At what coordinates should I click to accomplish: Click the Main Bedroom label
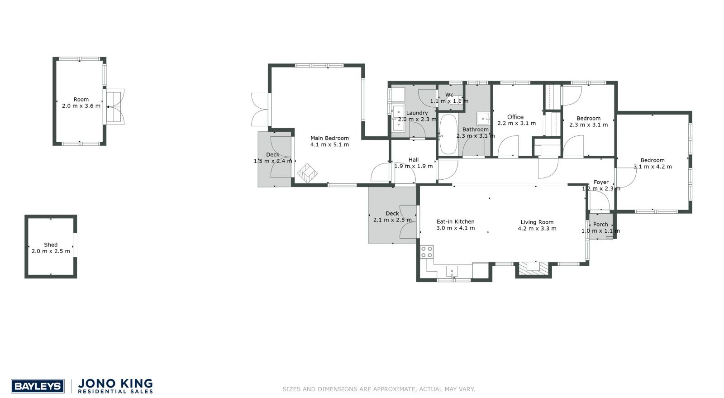pos(329,138)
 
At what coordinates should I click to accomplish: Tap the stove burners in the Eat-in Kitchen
pos(427,252)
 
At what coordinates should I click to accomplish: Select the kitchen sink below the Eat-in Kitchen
pos(452,272)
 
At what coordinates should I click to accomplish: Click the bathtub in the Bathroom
pos(449,134)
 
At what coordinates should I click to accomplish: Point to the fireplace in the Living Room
pos(533,269)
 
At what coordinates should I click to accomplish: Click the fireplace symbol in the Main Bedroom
pos(308,173)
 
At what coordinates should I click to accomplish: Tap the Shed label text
pos(51,245)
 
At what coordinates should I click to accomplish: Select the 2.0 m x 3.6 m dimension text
pos(81,106)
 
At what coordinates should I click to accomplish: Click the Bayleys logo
pos(38,386)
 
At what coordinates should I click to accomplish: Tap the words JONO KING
pos(116,384)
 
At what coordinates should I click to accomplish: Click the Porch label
pos(600,225)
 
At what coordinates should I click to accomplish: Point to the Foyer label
pos(601,182)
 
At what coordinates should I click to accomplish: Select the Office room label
pos(515,117)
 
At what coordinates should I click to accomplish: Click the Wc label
pos(449,95)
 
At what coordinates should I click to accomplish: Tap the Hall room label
pos(413,160)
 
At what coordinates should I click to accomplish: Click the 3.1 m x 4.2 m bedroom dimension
pos(653,167)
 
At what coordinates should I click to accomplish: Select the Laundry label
pos(417,113)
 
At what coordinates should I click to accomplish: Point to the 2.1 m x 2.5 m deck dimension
pos(392,220)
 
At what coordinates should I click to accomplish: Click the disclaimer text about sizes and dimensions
pos(378,389)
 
